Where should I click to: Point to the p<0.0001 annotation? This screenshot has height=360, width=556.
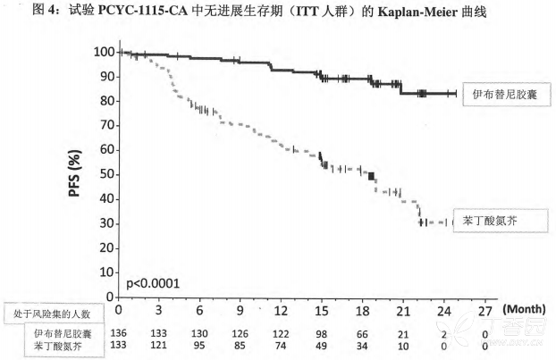pos(153,283)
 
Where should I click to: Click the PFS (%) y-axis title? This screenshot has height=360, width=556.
pos(78,175)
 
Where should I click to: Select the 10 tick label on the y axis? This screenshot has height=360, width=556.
pos(107,272)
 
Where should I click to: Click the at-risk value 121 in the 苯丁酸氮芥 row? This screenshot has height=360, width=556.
pos(160,345)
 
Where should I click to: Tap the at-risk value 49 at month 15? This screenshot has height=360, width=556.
pos(322,345)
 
